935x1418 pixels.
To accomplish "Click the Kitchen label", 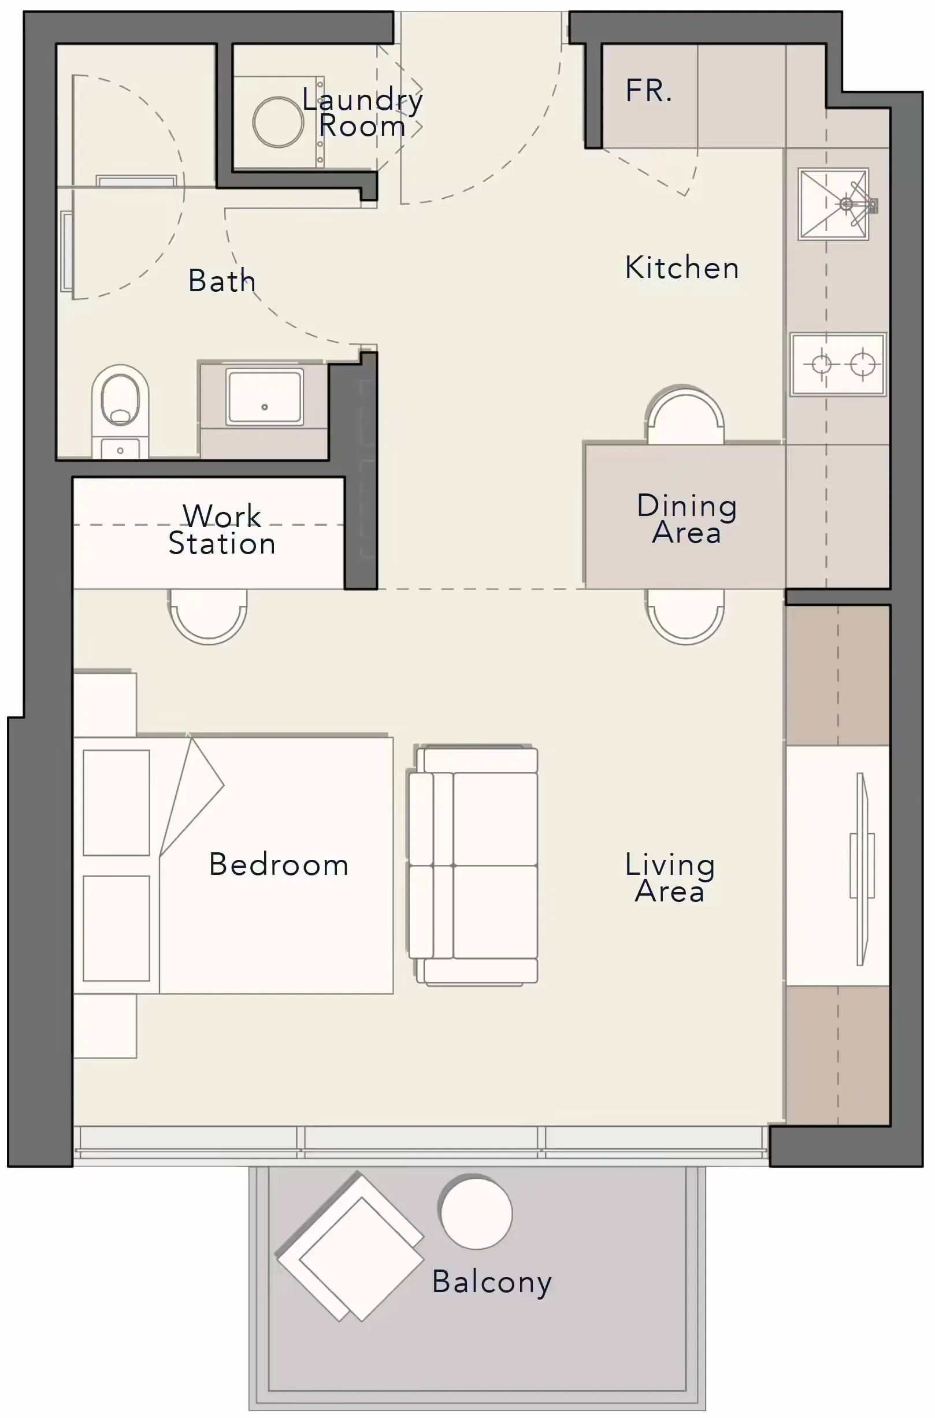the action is point(681,267).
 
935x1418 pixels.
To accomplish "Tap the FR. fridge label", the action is point(649,91).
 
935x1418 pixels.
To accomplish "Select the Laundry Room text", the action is point(362,112).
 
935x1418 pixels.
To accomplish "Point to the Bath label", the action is point(222,280).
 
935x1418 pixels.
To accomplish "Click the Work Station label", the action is point(222,529).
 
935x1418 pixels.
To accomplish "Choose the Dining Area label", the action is point(687,519).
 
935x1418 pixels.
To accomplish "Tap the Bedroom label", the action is point(279,864).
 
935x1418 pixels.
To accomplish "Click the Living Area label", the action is point(670,877).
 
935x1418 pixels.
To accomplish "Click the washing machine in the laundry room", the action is point(279,122).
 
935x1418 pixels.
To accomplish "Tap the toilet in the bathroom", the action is point(120,411).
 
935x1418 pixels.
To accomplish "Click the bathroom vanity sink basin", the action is point(264,396).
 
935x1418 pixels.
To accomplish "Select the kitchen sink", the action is point(834,204).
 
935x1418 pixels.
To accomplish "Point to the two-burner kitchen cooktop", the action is point(838,363).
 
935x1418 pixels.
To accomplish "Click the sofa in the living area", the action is point(473,865).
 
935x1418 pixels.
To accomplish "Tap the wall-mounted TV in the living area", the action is point(861,869).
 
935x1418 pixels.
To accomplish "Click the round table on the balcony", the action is point(476,1212).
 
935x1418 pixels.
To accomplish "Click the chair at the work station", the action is point(207,616).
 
